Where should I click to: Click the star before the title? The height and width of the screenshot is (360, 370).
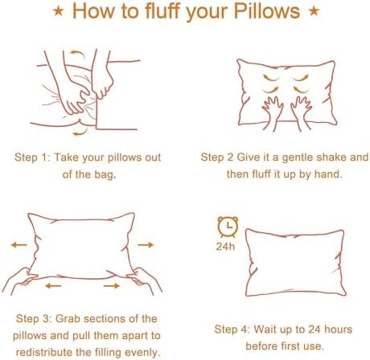(x=58, y=11)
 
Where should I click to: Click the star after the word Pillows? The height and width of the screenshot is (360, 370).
(x=314, y=11)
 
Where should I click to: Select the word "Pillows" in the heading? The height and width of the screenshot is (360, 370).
(x=267, y=11)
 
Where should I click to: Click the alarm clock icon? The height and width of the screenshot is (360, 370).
(x=228, y=227)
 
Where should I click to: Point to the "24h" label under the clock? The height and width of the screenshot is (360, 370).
(x=225, y=247)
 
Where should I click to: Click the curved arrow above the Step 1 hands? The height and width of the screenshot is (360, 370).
(x=77, y=53)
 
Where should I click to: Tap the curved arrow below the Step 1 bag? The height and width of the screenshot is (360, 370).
(x=80, y=132)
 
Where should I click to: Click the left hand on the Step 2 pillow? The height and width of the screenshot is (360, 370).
(x=272, y=113)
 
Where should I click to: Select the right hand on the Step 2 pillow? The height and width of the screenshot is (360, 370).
(x=301, y=113)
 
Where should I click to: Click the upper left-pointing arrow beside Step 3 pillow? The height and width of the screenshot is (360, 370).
(x=19, y=244)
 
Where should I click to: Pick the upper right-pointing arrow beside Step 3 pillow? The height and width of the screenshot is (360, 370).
(x=146, y=244)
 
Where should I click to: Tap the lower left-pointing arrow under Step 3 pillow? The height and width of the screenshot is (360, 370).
(x=53, y=286)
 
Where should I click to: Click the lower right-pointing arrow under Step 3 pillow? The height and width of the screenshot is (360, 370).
(x=112, y=286)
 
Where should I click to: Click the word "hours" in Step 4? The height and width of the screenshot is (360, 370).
(x=338, y=329)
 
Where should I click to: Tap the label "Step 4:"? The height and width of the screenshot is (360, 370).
(x=232, y=329)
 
